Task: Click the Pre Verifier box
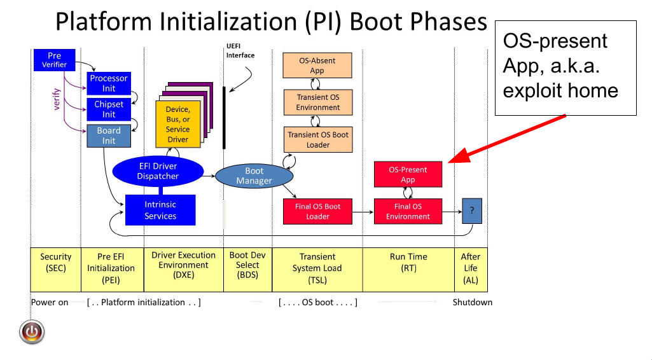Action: coord(54,60)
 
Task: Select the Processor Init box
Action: coord(109,83)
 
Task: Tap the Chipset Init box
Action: coord(109,109)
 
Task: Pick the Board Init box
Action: coord(109,135)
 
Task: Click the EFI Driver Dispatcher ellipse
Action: coord(158,171)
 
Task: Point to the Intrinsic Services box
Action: coord(160,210)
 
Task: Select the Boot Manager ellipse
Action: coord(254,176)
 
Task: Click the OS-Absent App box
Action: coord(317,66)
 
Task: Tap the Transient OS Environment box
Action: coord(317,102)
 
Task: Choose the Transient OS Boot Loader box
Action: coord(317,139)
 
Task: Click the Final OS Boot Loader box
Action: coord(317,211)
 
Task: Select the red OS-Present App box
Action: coord(408,174)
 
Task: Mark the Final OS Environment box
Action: coord(408,211)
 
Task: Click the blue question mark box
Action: coord(471,211)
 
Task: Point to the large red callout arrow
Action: coord(509,139)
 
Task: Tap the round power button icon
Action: coord(32,331)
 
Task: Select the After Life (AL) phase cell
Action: coord(471,268)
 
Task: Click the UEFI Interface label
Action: coord(240,51)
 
